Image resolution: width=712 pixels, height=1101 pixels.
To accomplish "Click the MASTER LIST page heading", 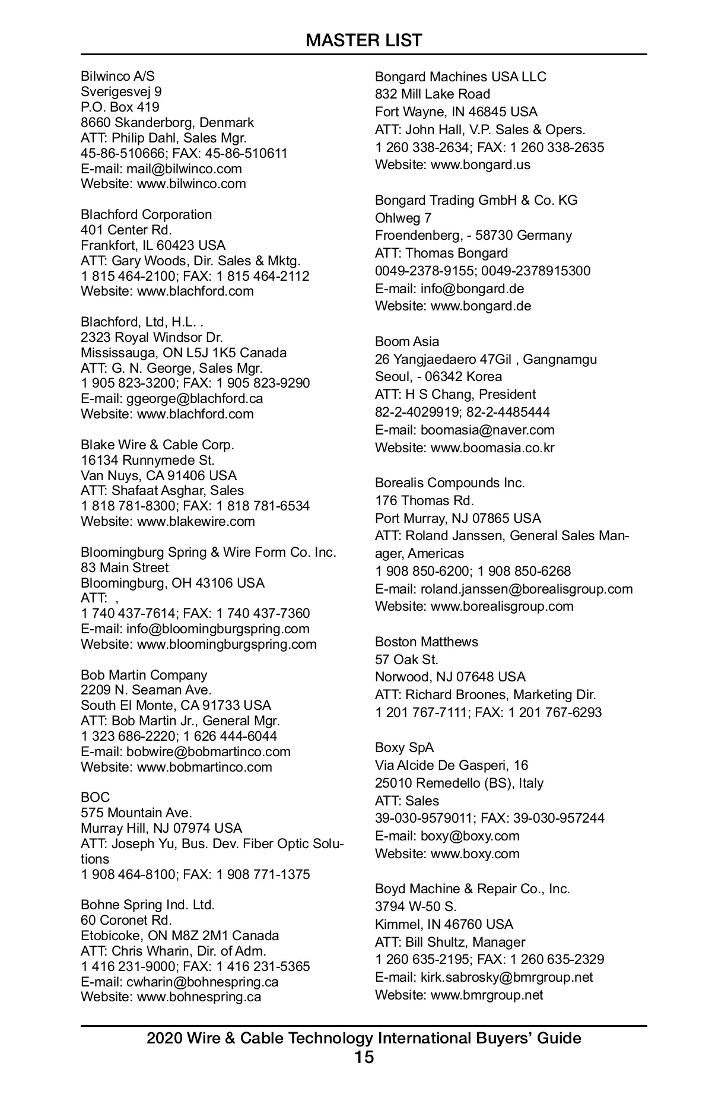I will coord(364,40).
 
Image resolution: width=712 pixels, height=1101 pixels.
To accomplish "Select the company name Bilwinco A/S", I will coord(117,77).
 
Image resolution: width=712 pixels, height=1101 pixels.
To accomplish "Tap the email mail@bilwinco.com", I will coord(184,169).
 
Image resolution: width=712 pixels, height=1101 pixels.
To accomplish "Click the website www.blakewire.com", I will coord(196,522).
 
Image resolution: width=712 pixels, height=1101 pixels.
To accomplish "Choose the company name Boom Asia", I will coord(407,342).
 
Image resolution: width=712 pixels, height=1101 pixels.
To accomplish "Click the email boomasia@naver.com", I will coord(487,430).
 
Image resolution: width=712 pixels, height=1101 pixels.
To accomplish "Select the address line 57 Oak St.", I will coord(406,659).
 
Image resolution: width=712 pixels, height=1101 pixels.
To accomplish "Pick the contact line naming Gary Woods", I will coord(190,261).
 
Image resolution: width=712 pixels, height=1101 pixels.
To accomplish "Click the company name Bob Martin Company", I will coord(144,675).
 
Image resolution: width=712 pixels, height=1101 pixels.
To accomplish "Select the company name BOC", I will coord(96,797).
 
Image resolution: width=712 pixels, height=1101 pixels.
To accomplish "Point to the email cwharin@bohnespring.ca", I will coord(202,982).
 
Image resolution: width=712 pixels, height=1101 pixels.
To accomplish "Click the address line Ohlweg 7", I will coord(403,218).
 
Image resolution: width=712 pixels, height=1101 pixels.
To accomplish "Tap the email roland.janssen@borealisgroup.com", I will coord(526,589).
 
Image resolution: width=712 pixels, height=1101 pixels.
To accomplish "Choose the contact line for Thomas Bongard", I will coord(441,253).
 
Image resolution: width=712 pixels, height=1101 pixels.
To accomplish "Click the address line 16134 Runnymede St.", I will coord(148,460).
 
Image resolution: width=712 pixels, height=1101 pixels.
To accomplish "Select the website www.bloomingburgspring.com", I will coord(227,645).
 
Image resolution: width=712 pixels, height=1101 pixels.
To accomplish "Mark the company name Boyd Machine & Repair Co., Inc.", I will coord(472,889).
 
